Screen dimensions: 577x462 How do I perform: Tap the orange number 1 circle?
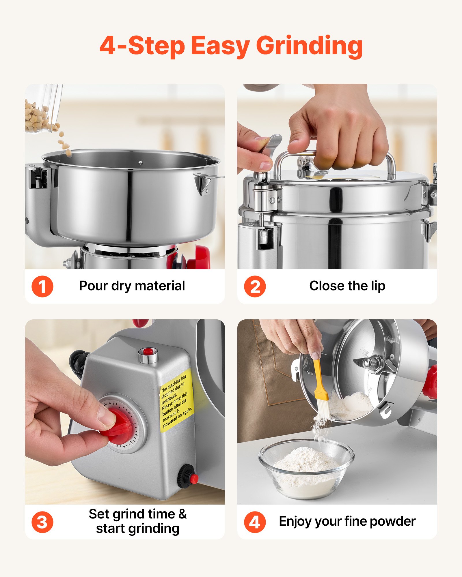tap(42, 286)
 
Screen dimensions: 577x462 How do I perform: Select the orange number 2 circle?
tap(255, 286)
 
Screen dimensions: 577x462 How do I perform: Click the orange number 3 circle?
tap(42, 522)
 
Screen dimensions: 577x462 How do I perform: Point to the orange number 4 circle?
tap(255, 522)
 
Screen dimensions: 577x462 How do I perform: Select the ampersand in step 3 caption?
tap(182, 514)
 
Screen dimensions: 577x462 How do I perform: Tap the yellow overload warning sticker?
tap(176, 401)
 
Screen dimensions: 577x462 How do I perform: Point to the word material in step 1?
tap(160, 286)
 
